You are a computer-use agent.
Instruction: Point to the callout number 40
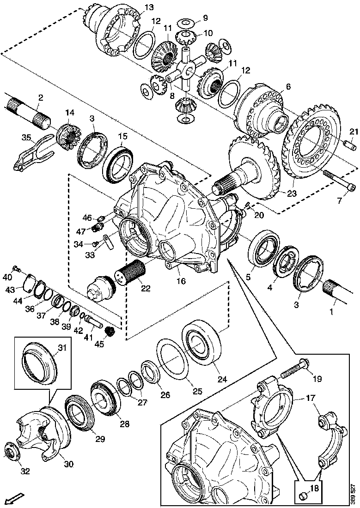point(6,277)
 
